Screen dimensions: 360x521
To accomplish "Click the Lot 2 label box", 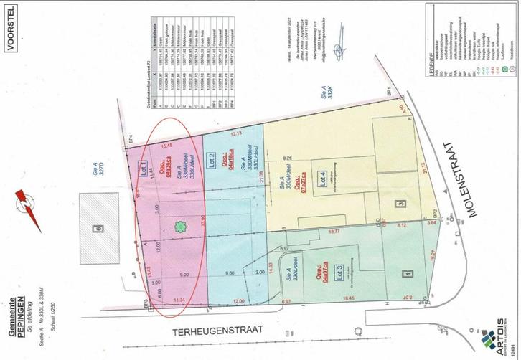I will tap(212, 161).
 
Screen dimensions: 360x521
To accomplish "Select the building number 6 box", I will tap(98, 228).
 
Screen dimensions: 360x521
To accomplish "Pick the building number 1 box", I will tap(408, 273).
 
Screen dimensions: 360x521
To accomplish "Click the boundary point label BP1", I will tap(390, 115).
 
